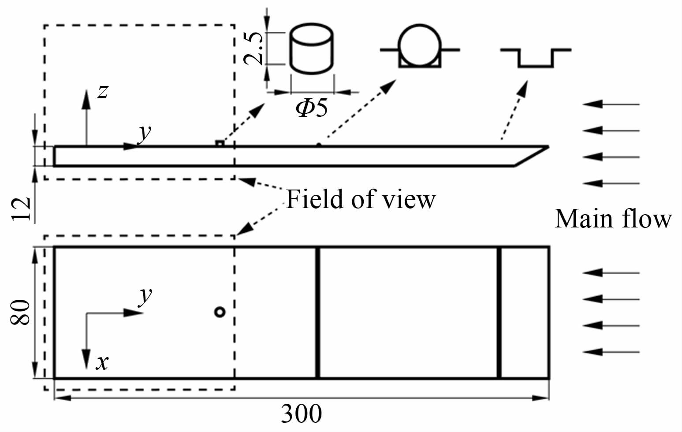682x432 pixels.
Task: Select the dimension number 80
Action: click(x=21, y=312)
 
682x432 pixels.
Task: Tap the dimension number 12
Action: click(x=21, y=208)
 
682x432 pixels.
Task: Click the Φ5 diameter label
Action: click(x=312, y=107)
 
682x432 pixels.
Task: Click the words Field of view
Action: click(x=361, y=199)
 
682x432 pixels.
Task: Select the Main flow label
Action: click(x=613, y=219)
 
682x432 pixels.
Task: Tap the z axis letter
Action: click(x=102, y=92)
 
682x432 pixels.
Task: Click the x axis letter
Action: click(x=102, y=362)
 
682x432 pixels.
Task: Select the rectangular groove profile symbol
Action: click(x=536, y=57)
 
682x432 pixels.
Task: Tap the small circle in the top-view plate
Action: click(x=220, y=312)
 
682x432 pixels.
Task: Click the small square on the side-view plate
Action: click(x=219, y=143)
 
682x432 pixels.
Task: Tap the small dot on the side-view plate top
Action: click(x=318, y=144)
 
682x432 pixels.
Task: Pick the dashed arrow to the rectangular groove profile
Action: click(x=514, y=110)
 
